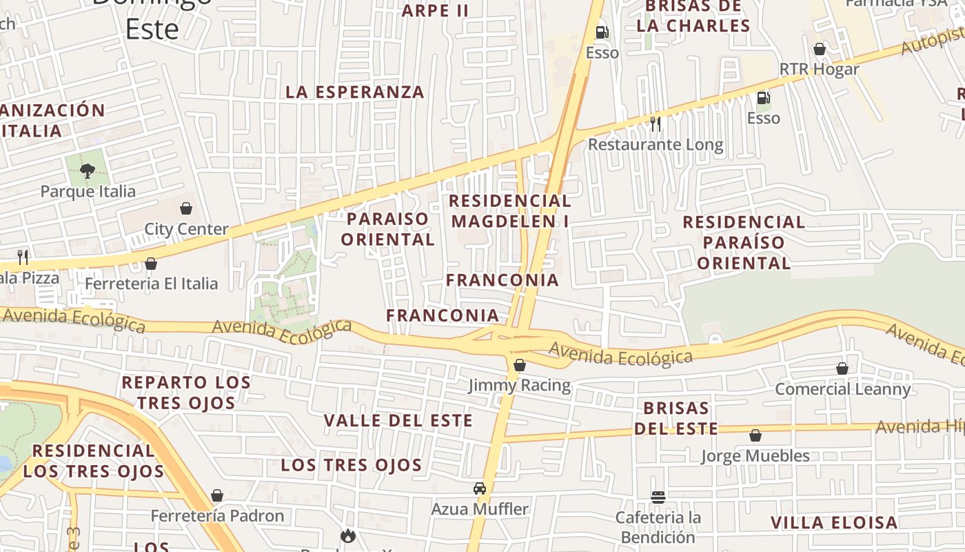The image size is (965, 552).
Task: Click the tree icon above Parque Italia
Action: (x=87, y=170)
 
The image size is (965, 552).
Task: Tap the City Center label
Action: (x=186, y=229)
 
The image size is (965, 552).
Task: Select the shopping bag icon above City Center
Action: (x=185, y=208)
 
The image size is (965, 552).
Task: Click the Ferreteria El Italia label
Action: (x=151, y=284)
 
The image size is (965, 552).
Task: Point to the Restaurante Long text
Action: (x=655, y=145)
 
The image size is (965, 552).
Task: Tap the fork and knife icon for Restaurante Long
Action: (x=655, y=124)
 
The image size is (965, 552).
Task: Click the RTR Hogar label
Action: (x=819, y=70)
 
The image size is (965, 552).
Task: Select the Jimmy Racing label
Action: (x=520, y=385)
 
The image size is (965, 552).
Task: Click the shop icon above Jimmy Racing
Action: (x=520, y=365)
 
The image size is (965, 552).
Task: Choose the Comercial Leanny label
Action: (x=842, y=389)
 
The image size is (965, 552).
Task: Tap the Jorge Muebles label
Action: (x=755, y=456)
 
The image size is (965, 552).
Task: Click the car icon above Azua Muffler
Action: (x=480, y=489)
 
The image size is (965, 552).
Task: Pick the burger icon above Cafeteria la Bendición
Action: (x=658, y=497)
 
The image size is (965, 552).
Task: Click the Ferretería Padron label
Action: (x=217, y=516)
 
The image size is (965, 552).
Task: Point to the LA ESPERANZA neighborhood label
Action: (x=355, y=92)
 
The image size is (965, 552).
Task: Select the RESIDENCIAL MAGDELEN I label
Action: (x=511, y=211)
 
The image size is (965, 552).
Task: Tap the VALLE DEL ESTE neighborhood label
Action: (x=398, y=420)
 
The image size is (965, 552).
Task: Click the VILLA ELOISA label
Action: (x=834, y=522)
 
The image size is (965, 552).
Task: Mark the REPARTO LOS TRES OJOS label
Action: (x=186, y=393)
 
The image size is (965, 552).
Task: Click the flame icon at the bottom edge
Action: (x=348, y=535)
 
